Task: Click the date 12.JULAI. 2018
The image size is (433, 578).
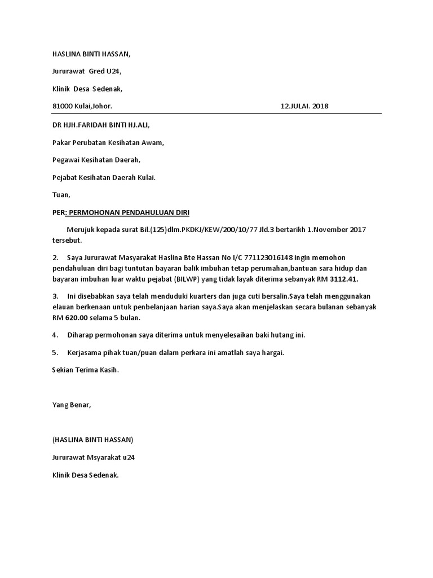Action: [304, 106]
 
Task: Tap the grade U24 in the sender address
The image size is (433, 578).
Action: [112, 71]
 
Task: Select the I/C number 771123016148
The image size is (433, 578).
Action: [267, 257]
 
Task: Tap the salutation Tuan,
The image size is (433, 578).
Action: [61, 195]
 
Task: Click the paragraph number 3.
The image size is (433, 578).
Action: [55, 296]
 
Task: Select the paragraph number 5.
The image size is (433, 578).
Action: [55, 352]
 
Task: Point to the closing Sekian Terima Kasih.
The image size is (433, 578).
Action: [85, 370]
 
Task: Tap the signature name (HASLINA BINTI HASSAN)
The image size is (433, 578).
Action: [92, 439]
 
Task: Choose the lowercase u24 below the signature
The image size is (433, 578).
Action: [128, 457]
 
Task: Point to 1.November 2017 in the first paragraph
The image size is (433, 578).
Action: [335, 230]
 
